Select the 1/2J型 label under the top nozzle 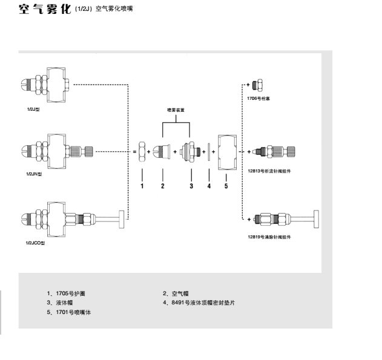(31, 111)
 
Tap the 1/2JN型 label (33, 174)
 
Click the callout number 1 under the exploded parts (142, 186)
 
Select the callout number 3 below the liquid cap (191, 186)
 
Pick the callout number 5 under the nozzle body (227, 186)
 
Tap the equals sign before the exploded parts (134, 152)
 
